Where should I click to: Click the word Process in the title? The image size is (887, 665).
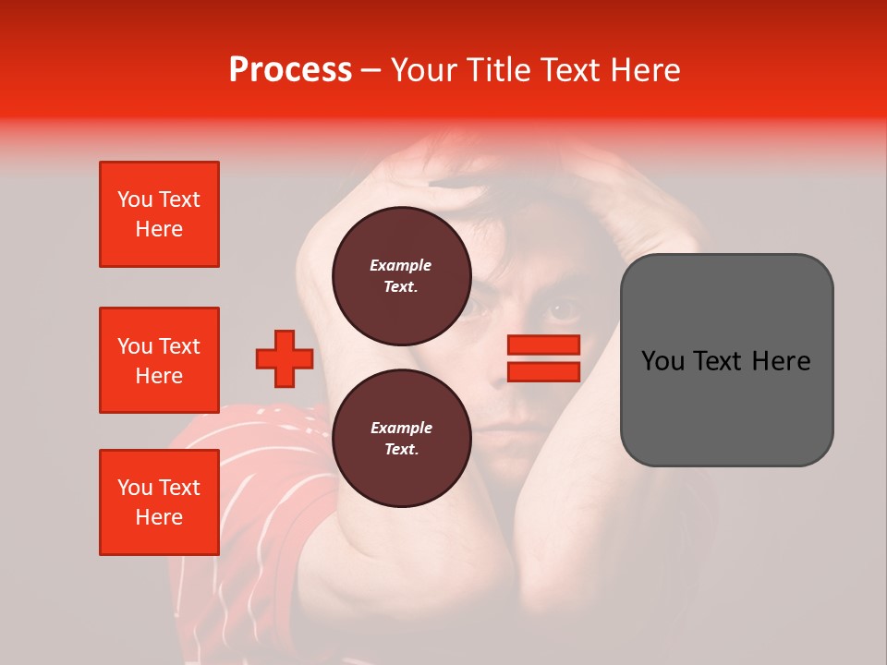(x=290, y=69)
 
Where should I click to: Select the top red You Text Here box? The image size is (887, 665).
(x=159, y=214)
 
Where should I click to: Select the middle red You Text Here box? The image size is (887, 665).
(x=159, y=360)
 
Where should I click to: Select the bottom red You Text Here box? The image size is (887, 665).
(x=159, y=502)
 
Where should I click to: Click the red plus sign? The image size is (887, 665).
(x=285, y=358)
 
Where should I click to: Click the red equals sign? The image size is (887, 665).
(x=543, y=358)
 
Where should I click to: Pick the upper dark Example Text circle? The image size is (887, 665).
(x=401, y=275)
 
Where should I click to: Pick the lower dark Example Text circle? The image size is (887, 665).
(x=401, y=438)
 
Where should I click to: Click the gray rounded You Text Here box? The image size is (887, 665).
(x=726, y=360)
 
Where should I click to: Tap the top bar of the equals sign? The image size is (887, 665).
(x=543, y=345)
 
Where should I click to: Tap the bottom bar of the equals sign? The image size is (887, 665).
(x=543, y=371)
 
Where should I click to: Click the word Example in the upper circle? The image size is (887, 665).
(x=401, y=265)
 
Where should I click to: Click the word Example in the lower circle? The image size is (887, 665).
(x=401, y=428)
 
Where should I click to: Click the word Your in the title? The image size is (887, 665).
(x=423, y=69)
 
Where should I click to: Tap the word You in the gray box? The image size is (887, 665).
(x=662, y=361)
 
